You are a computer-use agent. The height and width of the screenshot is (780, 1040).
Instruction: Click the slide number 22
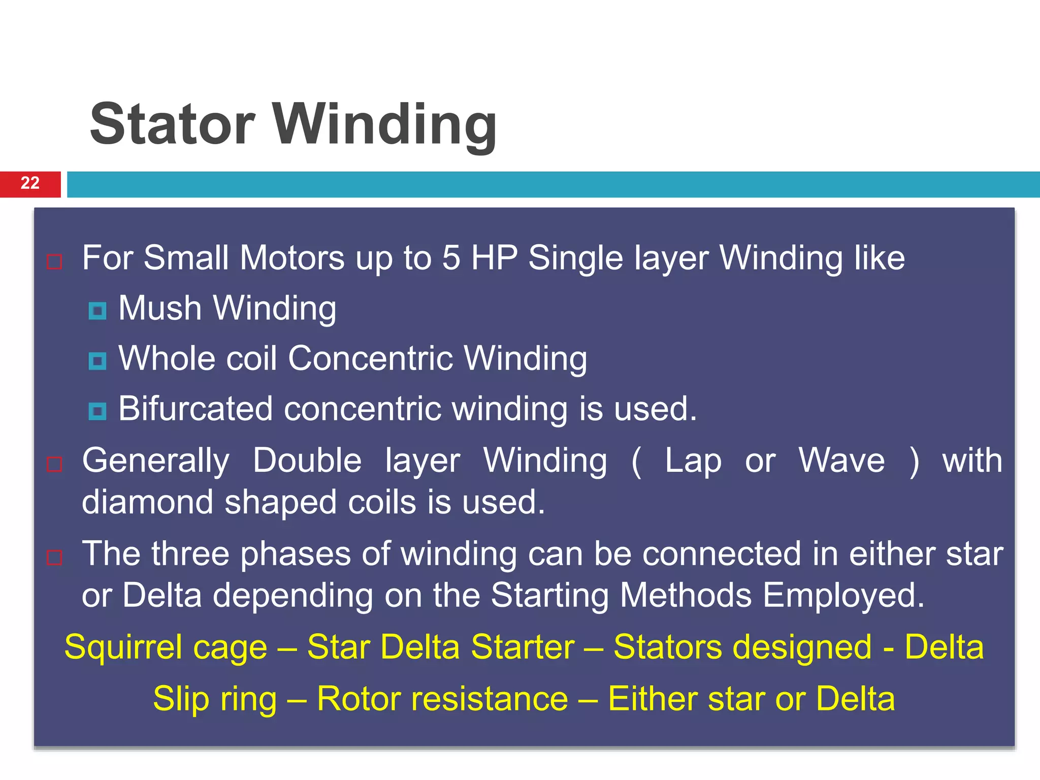[30, 183]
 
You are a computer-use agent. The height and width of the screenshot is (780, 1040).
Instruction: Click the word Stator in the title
[172, 124]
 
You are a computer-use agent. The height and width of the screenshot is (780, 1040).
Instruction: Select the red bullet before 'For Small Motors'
[54, 262]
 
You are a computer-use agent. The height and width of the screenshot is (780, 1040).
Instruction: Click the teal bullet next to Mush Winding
[97, 311]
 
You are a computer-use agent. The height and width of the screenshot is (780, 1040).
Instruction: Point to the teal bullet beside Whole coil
[97, 361]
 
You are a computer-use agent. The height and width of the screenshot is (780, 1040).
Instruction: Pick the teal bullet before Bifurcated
[97, 411]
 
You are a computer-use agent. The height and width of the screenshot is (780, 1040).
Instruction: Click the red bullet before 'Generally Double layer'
[54, 464]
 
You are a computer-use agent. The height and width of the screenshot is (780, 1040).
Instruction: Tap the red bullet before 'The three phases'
[54, 558]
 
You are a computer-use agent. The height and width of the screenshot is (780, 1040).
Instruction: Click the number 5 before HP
[451, 258]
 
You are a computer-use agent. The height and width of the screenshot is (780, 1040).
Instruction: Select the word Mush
[160, 308]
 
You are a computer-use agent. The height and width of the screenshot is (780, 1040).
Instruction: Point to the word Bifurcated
[196, 409]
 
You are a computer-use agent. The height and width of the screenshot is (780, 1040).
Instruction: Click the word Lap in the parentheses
[693, 462]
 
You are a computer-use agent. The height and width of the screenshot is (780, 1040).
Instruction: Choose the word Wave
[841, 461]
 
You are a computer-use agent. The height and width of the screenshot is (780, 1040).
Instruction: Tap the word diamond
[147, 502]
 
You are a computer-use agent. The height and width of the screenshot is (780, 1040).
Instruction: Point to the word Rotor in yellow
[358, 699]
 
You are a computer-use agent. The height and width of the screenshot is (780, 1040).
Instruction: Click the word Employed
[843, 596]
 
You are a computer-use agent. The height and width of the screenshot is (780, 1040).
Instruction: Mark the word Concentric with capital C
[370, 359]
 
